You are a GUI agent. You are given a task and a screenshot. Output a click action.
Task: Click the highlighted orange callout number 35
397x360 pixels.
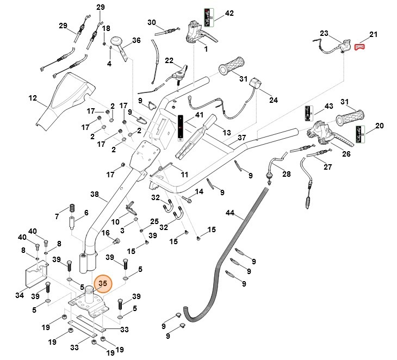tap(102, 283)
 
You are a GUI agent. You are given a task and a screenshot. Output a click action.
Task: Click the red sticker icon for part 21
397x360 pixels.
tap(359, 47)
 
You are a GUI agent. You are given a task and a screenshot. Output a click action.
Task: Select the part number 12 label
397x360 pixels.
tap(33, 98)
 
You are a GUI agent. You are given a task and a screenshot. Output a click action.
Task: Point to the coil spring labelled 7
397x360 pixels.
tap(71, 209)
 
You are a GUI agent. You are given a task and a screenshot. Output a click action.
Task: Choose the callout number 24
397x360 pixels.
tap(273, 100)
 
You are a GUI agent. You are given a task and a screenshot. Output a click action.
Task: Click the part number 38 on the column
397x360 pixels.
tap(94, 194)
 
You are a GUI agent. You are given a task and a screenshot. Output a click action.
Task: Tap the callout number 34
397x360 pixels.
tap(20, 295)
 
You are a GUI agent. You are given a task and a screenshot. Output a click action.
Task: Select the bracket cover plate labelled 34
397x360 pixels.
tap(35, 274)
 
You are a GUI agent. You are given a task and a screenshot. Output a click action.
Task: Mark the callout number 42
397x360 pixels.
tap(229, 13)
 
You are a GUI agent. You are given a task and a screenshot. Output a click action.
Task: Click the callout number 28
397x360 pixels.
tap(286, 174)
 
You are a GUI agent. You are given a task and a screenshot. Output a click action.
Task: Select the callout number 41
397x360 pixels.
tap(199, 115)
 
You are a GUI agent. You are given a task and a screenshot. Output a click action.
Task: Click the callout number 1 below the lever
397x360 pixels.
tap(206, 49)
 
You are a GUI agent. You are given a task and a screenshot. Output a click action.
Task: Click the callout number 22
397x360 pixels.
tap(169, 60)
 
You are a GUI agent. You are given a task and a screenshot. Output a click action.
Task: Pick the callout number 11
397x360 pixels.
tap(184, 175)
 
